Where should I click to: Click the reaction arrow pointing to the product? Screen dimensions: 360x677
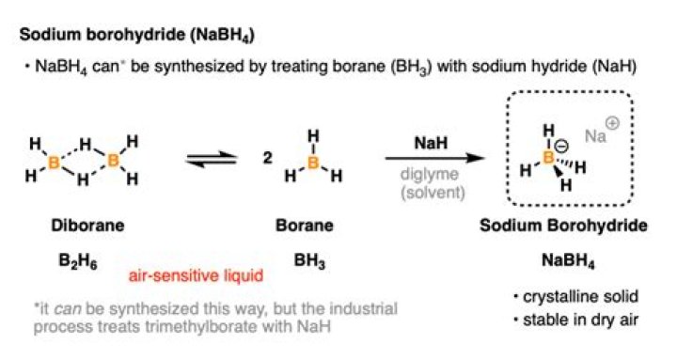coord(429,157)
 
